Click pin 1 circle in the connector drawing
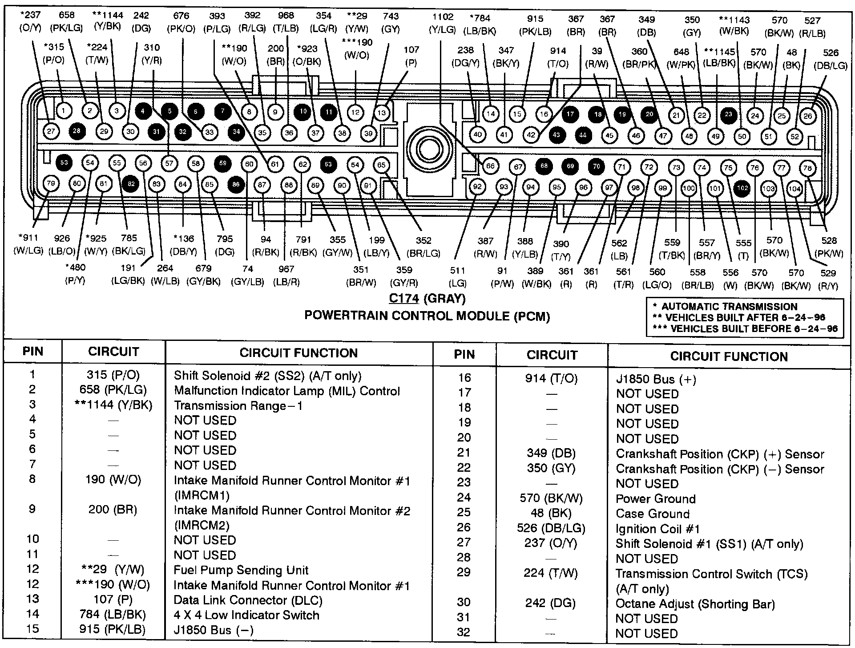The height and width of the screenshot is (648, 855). [64, 110]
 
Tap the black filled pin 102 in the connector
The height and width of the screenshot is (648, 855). [742, 188]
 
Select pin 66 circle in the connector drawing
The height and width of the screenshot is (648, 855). [490, 166]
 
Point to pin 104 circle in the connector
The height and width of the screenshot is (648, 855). [795, 189]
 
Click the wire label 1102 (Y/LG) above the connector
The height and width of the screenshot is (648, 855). [443, 23]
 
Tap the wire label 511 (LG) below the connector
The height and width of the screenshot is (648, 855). [457, 276]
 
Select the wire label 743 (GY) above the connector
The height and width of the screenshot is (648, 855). [391, 22]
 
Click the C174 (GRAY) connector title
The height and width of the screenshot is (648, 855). [427, 299]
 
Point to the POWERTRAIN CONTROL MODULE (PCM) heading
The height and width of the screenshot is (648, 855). [427, 316]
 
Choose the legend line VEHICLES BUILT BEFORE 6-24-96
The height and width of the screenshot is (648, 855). [745, 329]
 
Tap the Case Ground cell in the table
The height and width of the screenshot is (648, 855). [652, 514]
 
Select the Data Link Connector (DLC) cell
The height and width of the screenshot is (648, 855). [248, 600]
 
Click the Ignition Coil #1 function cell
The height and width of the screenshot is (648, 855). [657, 529]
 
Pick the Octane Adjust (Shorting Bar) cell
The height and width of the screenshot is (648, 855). [695, 604]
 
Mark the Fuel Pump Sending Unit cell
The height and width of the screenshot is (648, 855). [241, 570]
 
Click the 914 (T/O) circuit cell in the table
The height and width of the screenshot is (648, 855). [552, 378]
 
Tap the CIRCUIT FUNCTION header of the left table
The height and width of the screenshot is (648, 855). [298, 353]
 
